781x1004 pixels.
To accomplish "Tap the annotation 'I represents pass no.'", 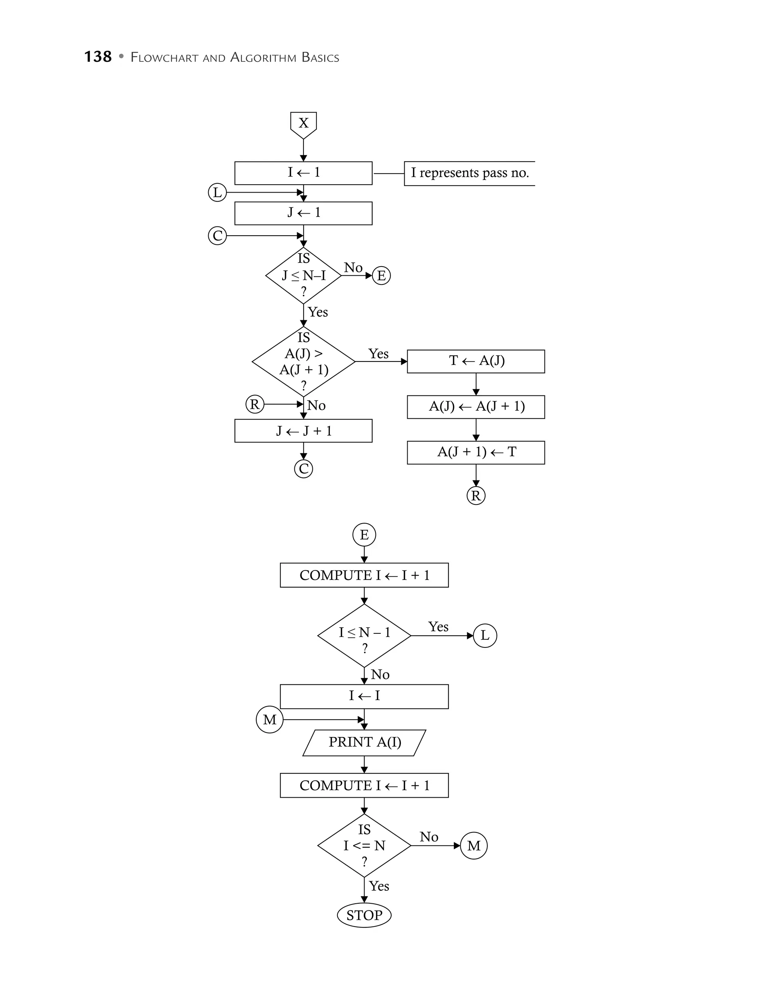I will tap(469, 173).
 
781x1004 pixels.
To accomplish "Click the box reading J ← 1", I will tap(304, 213).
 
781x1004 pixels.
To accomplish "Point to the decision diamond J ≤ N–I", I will tap(304, 276).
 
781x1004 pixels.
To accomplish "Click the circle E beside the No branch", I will tap(381, 276).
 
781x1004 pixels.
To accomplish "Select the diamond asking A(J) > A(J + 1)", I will tap(304, 361).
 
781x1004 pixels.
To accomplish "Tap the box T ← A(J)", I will tap(476, 361).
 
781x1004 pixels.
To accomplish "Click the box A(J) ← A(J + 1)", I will tap(476, 407).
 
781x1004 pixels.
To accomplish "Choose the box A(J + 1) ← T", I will tap(476, 452).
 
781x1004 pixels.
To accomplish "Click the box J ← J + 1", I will tap(304, 431).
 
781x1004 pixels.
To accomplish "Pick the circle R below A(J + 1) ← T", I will tap(476, 496).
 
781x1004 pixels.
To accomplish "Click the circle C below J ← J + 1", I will tap(304, 469).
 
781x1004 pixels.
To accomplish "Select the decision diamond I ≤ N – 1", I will tap(364, 636).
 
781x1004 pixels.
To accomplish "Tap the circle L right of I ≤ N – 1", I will tap(485, 636).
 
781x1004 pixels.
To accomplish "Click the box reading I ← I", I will tap(364, 696).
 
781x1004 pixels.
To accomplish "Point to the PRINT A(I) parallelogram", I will tap(364, 742).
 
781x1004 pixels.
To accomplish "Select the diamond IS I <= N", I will tap(364, 845).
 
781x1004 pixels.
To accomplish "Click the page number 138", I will tap(98, 57).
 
